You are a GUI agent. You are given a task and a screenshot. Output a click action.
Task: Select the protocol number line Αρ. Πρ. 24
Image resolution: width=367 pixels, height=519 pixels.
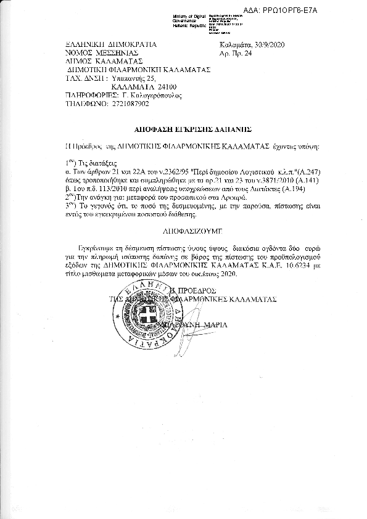click(235, 54)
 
